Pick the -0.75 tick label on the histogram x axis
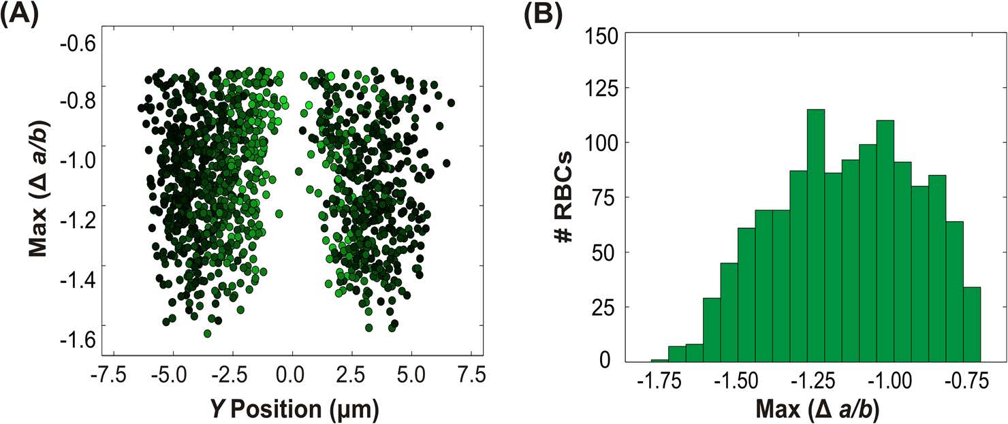pos(962,382)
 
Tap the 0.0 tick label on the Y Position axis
pos(293,374)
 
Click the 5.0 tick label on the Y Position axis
pos(412,374)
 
